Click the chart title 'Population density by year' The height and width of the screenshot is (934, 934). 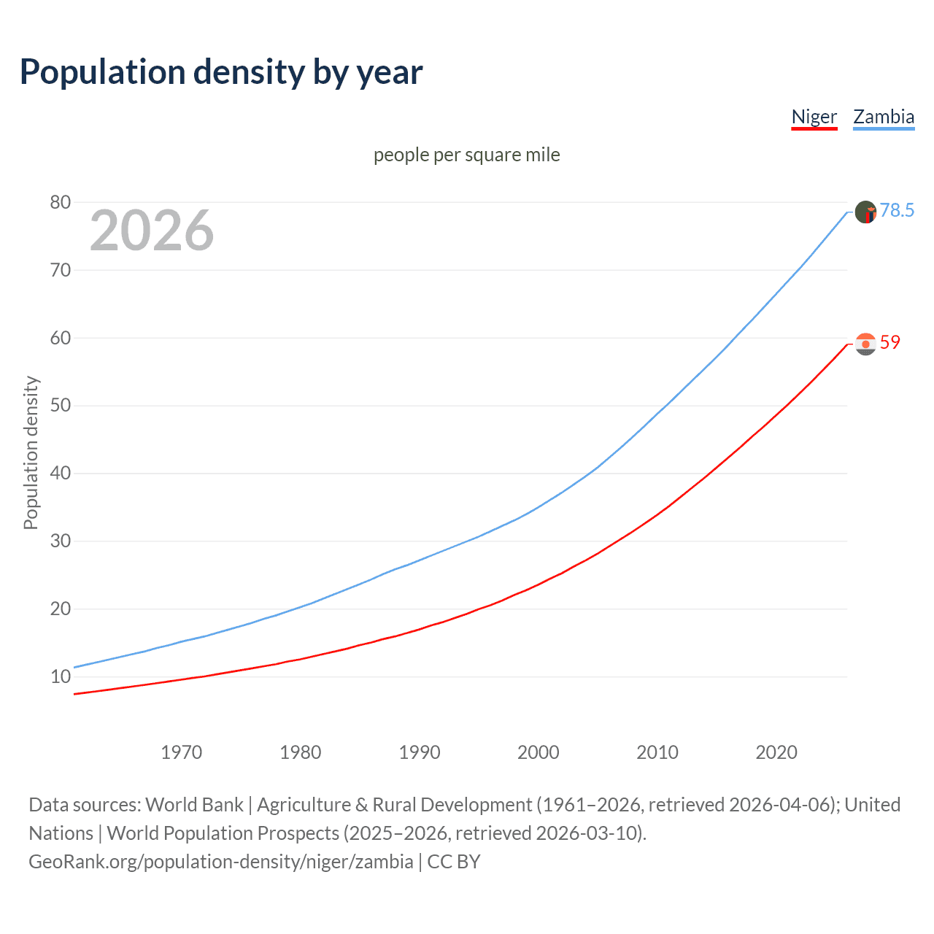pyautogui.click(x=221, y=72)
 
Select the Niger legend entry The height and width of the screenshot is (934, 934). pyautogui.click(x=814, y=117)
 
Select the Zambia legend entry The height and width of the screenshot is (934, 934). pyautogui.click(x=884, y=117)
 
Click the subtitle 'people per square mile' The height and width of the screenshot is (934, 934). pyautogui.click(x=467, y=155)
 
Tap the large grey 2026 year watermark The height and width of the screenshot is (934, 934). pyautogui.click(x=152, y=231)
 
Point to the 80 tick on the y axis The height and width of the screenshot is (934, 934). pyautogui.click(x=61, y=202)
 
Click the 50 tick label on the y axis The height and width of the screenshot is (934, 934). pyautogui.click(x=61, y=406)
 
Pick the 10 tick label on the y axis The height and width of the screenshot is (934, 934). pyautogui.click(x=61, y=677)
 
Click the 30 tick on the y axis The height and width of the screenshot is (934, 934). pyautogui.click(x=61, y=541)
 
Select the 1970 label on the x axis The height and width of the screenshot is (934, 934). pyautogui.click(x=182, y=752)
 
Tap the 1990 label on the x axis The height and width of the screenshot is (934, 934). pyautogui.click(x=420, y=752)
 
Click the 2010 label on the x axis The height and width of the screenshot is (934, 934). pyautogui.click(x=657, y=752)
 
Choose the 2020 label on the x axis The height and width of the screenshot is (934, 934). pyautogui.click(x=776, y=752)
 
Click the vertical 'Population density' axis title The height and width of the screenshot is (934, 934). pyautogui.click(x=31, y=452)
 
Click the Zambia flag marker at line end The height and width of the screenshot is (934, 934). pyautogui.click(x=865, y=212)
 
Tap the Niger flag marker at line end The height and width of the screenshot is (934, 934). pyautogui.click(x=865, y=344)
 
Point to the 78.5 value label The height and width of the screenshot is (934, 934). pyautogui.click(x=897, y=211)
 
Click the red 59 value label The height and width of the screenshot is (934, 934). pyautogui.click(x=890, y=343)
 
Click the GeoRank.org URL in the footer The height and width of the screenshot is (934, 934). pyautogui.click(x=221, y=862)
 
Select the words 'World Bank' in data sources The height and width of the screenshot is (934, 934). pyautogui.click(x=194, y=805)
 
